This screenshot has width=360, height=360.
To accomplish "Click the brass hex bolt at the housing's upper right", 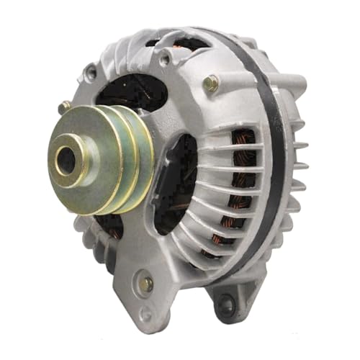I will [x=210, y=84].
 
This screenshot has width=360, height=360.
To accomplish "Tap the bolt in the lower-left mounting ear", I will [x=146, y=284].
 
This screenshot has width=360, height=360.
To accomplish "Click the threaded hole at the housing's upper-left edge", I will [x=91, y=73].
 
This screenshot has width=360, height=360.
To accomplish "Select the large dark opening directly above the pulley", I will [x=122, y=90].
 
